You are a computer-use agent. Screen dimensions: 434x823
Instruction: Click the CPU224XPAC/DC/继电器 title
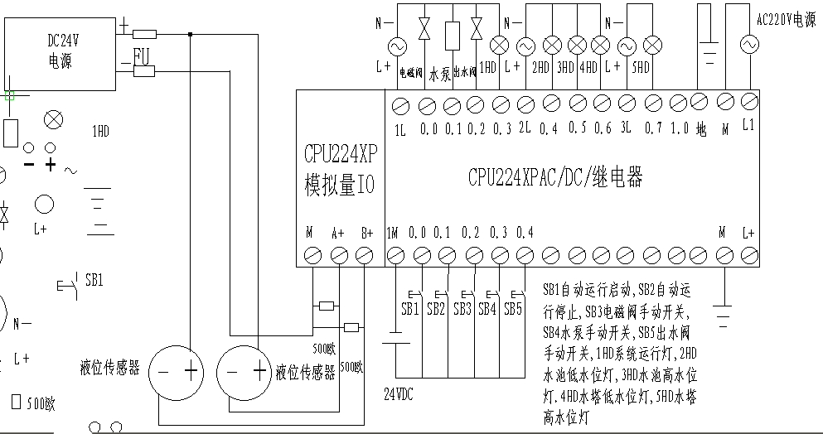555,177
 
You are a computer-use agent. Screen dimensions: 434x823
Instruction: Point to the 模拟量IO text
340,185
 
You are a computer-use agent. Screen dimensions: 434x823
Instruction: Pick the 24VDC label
398,393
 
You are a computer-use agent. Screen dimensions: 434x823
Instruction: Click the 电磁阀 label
411,73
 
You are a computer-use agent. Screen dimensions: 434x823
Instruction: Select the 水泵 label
441,73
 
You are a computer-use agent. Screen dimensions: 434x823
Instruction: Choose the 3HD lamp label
566,66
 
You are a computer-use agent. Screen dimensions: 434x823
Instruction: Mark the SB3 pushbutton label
462,309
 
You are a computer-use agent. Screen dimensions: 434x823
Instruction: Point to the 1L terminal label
401,130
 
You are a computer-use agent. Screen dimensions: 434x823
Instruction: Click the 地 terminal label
701,130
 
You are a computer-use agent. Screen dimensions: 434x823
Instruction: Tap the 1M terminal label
393,232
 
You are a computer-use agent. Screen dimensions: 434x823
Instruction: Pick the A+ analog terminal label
337,233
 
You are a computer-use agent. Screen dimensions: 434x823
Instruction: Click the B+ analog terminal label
367,233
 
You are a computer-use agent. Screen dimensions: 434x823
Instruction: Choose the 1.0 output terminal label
679,128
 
